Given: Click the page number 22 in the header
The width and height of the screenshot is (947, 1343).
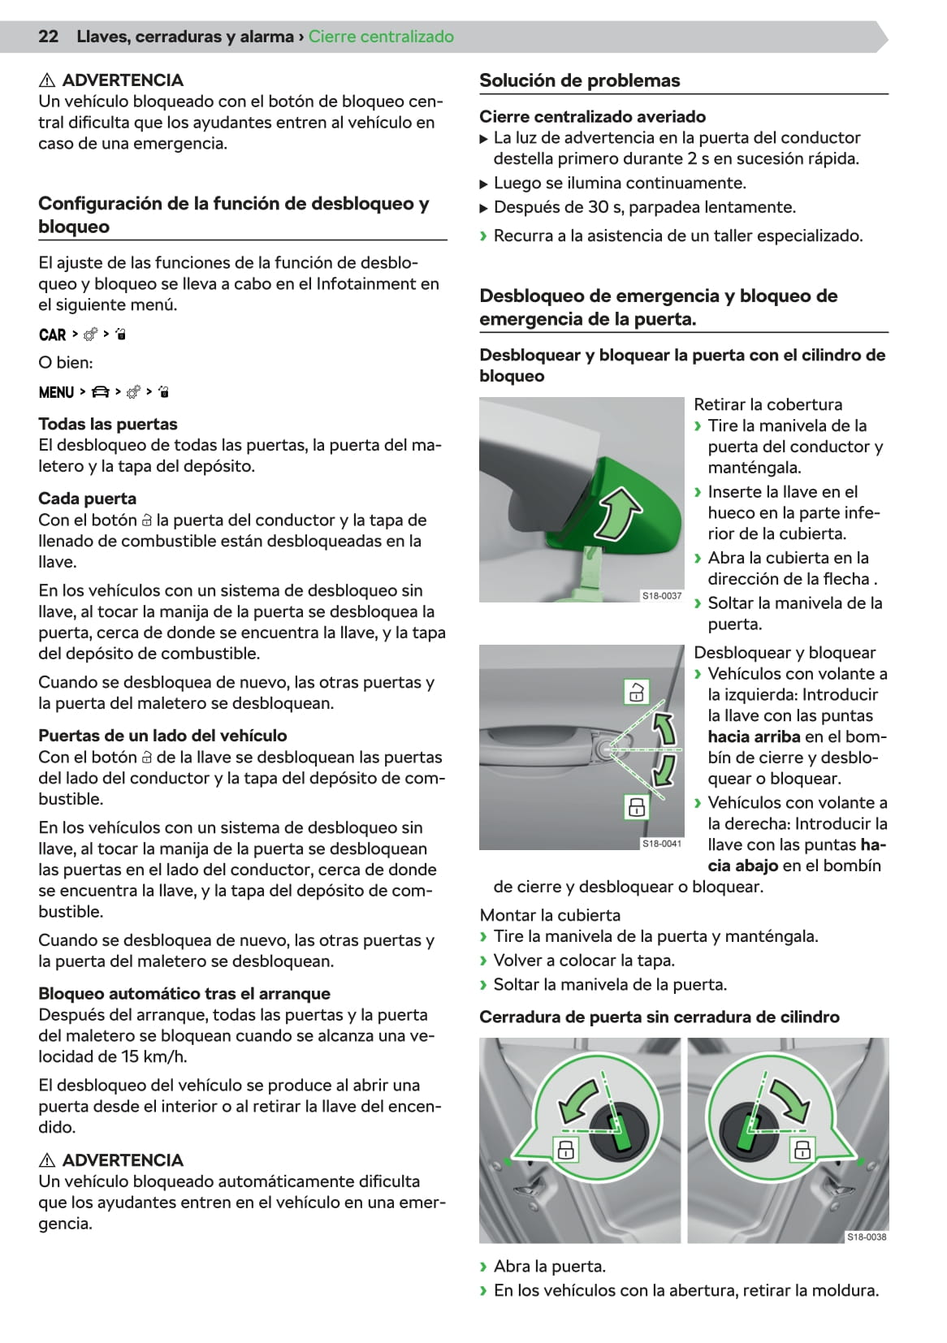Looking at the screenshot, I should [x=48, y=37].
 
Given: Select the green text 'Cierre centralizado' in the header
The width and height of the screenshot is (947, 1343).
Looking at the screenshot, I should [x=381, y=37].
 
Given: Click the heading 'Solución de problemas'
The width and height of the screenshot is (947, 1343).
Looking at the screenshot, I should [x=579, y=80].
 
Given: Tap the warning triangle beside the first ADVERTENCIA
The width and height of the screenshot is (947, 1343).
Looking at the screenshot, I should [x=47, y=80].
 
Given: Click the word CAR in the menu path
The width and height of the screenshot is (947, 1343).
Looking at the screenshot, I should [x=52, y=335].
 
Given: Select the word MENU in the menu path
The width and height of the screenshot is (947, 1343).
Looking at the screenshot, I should [x=56, y=392].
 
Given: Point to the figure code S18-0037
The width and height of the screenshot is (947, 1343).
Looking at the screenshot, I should [x=662, y=596].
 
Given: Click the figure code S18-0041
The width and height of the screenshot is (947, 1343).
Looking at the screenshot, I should [x=662, y=844].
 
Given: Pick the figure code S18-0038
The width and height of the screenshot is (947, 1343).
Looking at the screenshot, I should [x=867, y=1237].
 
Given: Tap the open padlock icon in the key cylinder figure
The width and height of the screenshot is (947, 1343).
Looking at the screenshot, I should [x=636, y=692].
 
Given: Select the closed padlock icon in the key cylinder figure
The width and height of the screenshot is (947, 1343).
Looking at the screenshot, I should [x=636, y=807].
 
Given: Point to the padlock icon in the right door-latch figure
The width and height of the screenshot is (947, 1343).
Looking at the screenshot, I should [x=802, y=1149].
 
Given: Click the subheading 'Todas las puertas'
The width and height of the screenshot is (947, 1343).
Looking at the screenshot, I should [x=107, y=424].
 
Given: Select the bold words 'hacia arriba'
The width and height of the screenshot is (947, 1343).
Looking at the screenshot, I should [x=755, y=736].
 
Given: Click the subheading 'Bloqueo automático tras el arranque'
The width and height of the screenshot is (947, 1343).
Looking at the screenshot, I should [x=184, y=993].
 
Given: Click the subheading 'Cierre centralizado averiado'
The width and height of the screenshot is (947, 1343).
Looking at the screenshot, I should [x=592, y=116].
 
